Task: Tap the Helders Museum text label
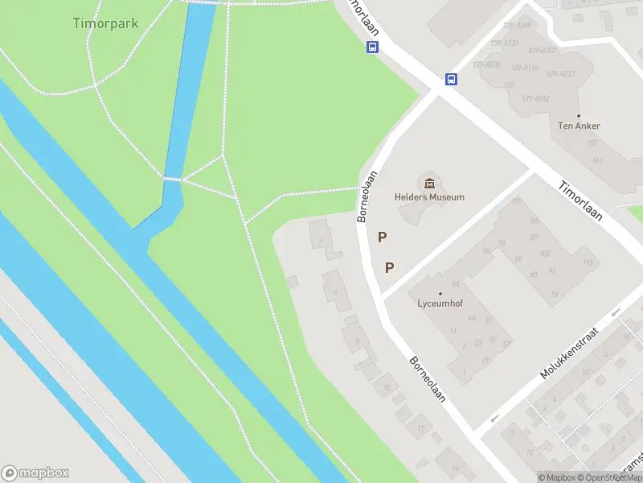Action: [x=429, y=197]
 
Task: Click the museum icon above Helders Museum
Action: [x=429, y=183]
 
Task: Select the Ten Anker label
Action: [x=579, y=126]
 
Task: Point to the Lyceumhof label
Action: [x=440, y=304]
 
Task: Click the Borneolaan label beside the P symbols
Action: [x=367, y=201]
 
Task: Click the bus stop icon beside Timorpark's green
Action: [x=372, y=47]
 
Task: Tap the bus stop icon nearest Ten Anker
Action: [x=452, y=80]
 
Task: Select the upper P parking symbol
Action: [x=383, y=237]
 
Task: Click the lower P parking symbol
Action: [x=390, y=268]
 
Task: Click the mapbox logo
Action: [x=35, y=473]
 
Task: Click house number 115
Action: [x=588, y=262]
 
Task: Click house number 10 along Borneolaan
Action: [x=387, y=388]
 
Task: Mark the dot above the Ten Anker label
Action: [x=579, y=116]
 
